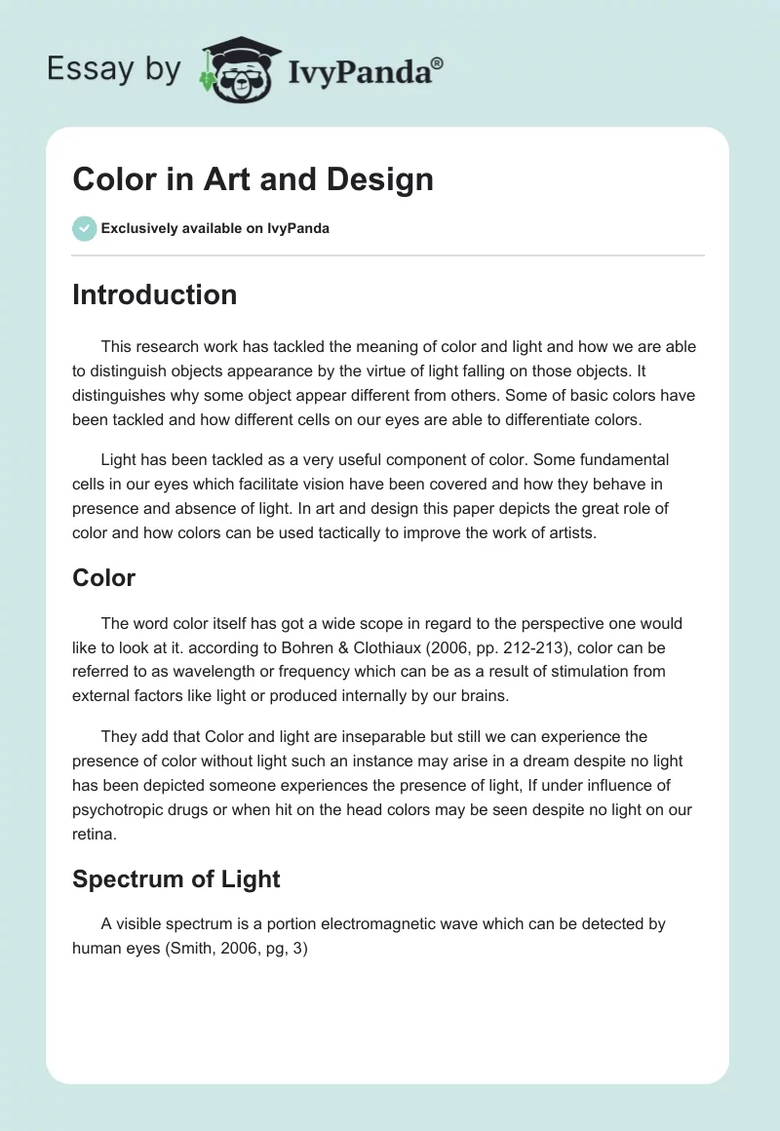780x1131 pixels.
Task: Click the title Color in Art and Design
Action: [253, 178]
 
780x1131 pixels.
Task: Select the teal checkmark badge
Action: [84, 228]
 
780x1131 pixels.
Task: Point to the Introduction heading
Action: [154, 294]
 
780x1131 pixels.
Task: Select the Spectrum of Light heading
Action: [175, 878]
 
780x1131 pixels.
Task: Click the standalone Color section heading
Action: [103, 577]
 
